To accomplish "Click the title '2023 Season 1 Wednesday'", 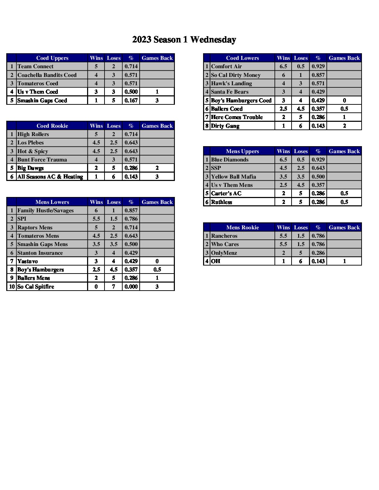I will click(184, 40).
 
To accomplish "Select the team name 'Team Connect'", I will click(36, 66).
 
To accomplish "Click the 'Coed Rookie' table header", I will click(52, 126).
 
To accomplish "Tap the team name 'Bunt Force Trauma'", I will click(42, 160).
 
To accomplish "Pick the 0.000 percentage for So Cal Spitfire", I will click(131, 287).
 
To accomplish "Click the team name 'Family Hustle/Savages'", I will click(46, 211).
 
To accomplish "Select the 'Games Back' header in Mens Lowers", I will click(157, 202).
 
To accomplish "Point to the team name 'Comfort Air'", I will click(226, 66).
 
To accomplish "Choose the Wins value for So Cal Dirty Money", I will click(284, 75).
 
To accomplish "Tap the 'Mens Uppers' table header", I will click(242, 151).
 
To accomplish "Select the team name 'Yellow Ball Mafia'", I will click(233, 177).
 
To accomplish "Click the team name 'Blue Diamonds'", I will click(230, 160).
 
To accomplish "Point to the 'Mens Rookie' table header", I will click(242, 228).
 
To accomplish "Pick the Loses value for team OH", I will click(301, 261).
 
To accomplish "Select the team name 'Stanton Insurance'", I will click(40, 253).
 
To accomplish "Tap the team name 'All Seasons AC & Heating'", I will click(50, 177).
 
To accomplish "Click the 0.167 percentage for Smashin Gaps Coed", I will click(131, 101).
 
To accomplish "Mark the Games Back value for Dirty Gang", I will click(344, 126).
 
